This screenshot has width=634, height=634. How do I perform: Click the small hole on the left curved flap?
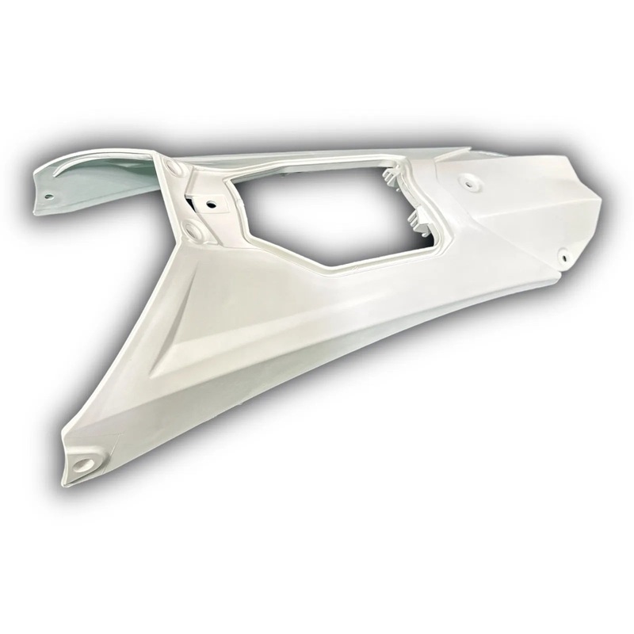[x=48, y=196]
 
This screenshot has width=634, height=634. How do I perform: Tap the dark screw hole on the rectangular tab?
[x=211, y=204]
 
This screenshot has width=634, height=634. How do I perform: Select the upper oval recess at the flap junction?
[x=176, y=170]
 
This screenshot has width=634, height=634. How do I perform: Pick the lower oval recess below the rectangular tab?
[x=194, y=231]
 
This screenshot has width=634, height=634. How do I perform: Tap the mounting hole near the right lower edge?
[x=562, y=256]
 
